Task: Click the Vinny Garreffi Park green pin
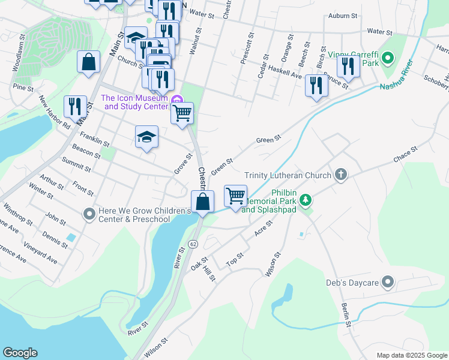click(x=388, y=58)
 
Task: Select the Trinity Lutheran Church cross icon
click(x=340, y=175)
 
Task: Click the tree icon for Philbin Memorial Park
click(x=306, y=199)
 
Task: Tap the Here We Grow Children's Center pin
click(x=89, y=214)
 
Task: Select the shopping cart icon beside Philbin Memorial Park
click(x=235, y=196)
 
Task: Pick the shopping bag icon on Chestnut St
click(x=203, y=202)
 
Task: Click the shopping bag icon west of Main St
click(x=89, y=62)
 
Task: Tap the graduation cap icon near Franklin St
click(x=146, y=137)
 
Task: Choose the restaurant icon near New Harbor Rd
click(x=75, y=107)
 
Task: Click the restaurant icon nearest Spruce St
click(x=316, y=85)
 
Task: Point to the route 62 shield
click(x=193, y=244)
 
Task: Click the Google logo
click(x=20, y=353)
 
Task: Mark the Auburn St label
click(x=343, y=15)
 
